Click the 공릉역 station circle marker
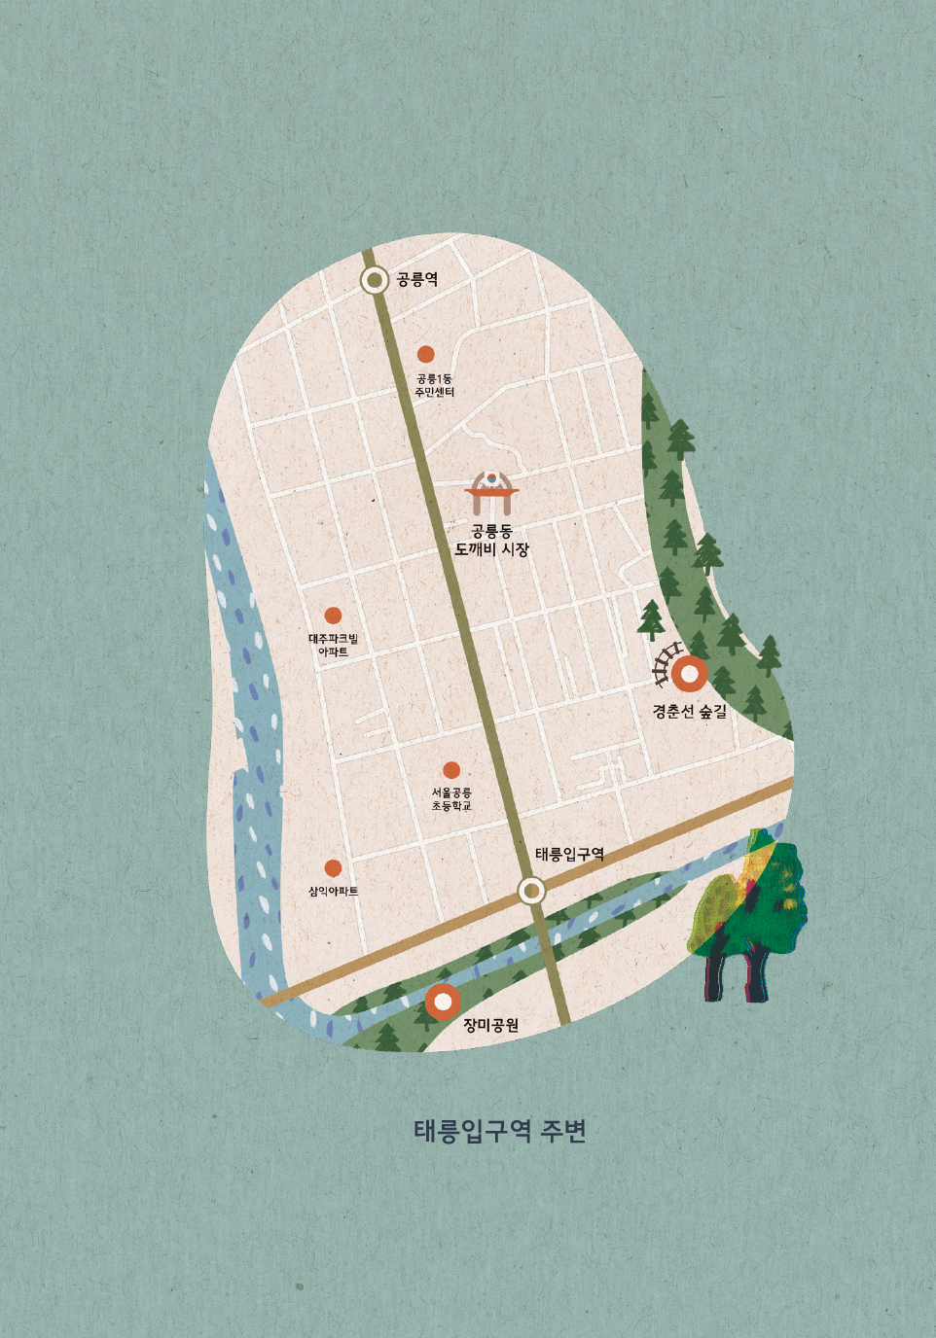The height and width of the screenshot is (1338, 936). [x=375, y=280]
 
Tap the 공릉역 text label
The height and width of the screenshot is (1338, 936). [x=416, y=280]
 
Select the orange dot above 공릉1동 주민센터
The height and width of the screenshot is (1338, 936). [x=425, y=355]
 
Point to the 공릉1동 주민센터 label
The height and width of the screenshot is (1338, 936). [x=434, y=385]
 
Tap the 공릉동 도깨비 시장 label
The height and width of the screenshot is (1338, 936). [x=491, y=541]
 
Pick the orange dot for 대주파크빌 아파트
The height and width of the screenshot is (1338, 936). [x=333, y=616]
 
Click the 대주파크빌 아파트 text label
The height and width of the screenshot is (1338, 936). [x=333, y=645]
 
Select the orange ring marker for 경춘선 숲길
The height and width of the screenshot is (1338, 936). [x=690, y=674]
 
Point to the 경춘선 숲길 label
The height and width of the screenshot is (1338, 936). [x=689, y=712]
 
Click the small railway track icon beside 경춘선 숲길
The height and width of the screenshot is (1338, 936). [x=665, y=664]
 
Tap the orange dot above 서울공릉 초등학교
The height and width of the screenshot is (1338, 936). [x=451, y=770]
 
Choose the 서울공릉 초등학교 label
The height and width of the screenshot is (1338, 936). [x=451, y=799]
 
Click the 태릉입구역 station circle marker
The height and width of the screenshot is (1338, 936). [x=531, y=890]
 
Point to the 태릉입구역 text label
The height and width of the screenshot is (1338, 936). [x=569, y=855]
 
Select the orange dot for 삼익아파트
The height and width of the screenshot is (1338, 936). [x=333, y=867]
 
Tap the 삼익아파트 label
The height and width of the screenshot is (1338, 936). [x=333, y=891]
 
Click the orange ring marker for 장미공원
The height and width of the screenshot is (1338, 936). [x=443, y=1001]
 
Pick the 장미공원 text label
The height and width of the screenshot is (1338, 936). [x=490, y=1025]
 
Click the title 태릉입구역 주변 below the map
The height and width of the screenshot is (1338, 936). [x=500, y=1131]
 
